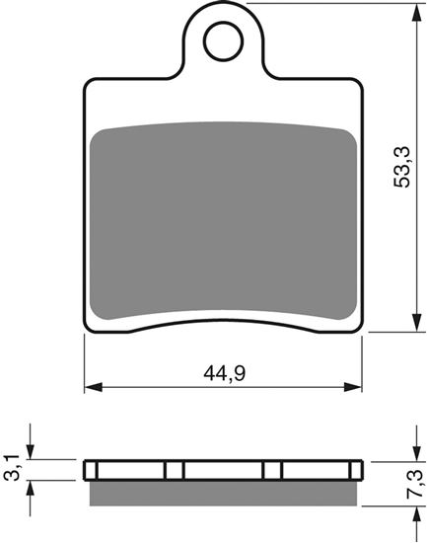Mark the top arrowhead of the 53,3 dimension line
pos(406,9)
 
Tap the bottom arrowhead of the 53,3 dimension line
pos(406,327)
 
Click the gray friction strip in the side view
pos(222,492)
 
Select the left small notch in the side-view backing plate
pos(174,470)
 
